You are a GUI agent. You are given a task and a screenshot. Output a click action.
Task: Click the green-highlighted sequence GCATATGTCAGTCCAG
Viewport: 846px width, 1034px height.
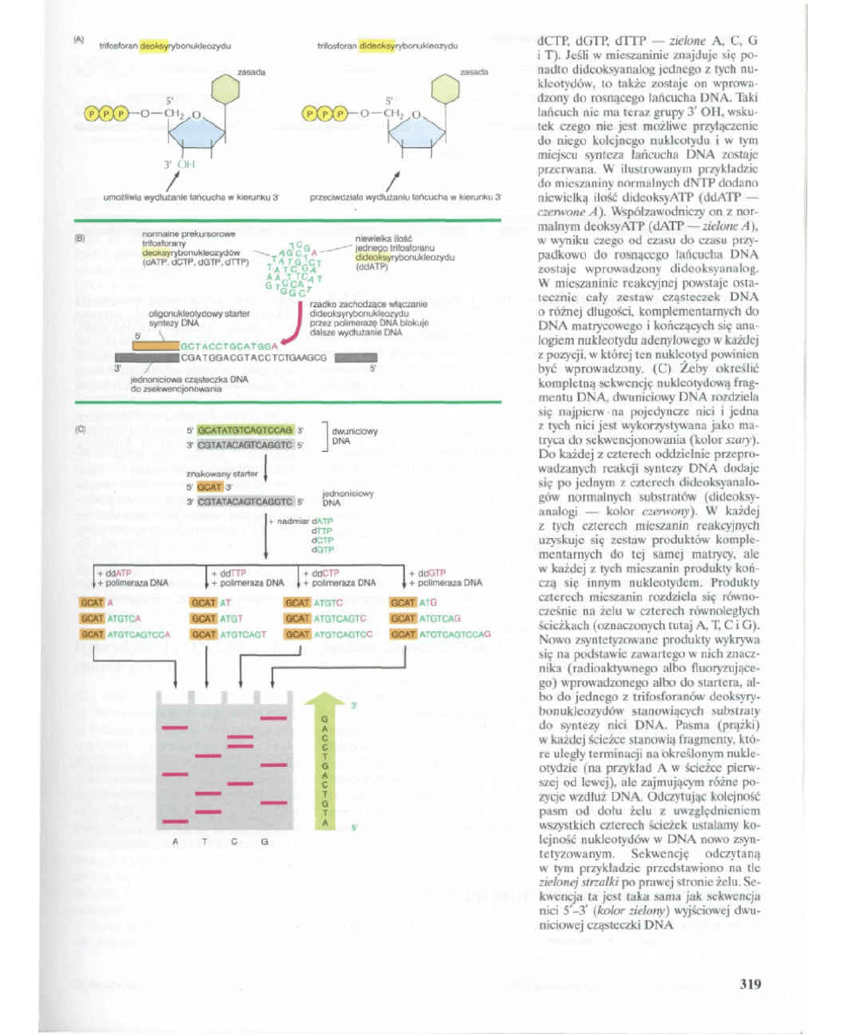[246, 429]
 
